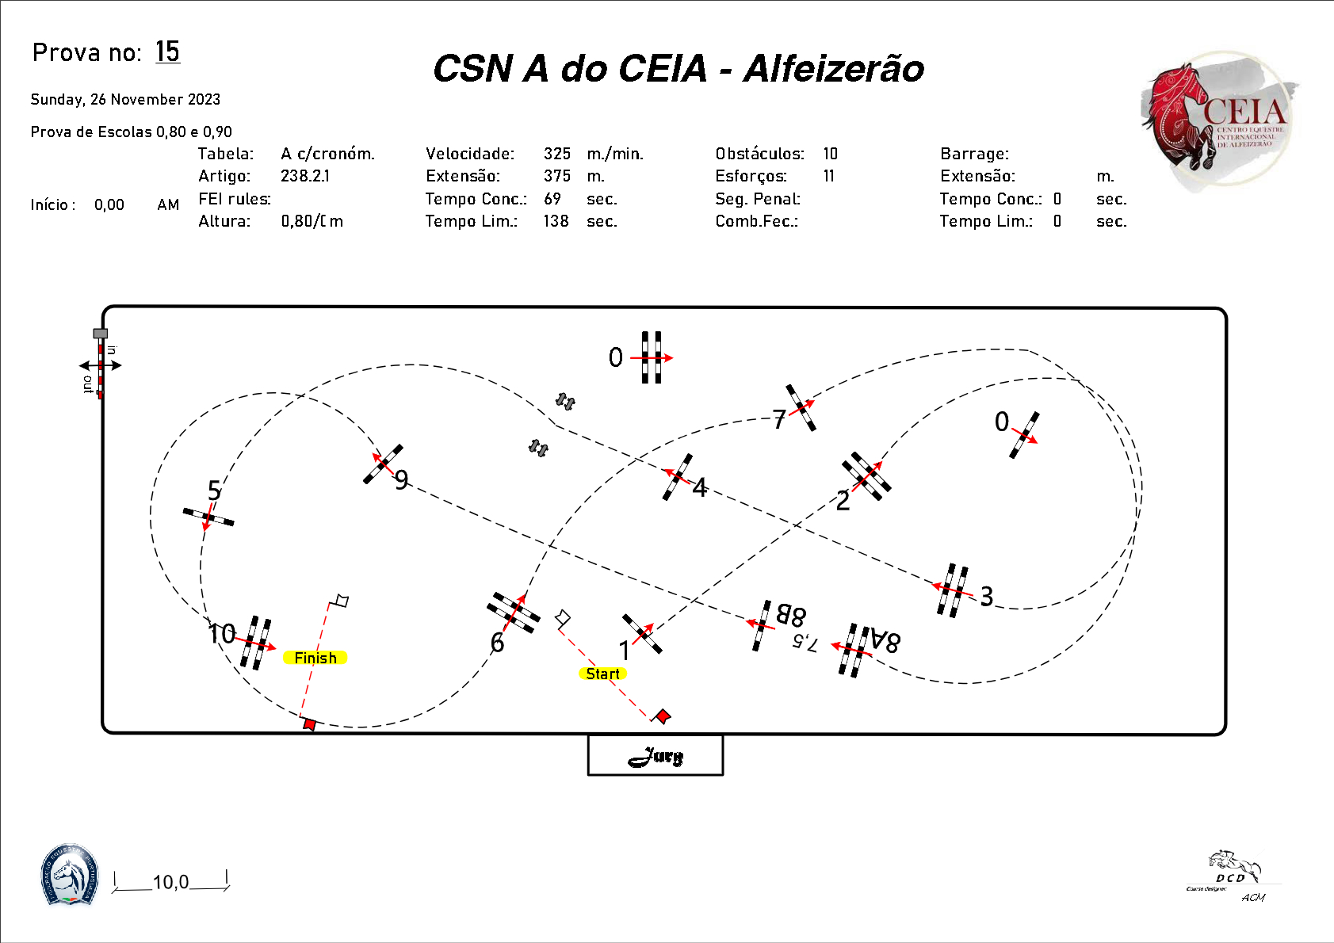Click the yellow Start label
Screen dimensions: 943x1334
(602, 674)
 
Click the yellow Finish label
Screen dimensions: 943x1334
(315, 658)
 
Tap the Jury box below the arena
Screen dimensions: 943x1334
(656, 756)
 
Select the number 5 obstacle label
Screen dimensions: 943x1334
(214, 491)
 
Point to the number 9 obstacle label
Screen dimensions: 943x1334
(402, 480)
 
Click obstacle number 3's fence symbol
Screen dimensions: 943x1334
(952, 590)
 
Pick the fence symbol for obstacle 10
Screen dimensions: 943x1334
(256, 642)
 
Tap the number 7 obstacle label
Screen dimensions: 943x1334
(779, 420)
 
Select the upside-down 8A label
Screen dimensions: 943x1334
(885, 640)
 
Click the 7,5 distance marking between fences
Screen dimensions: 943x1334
(805, 643)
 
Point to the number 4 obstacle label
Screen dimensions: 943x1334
(699, 487)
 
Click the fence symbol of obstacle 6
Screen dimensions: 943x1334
(513, 613)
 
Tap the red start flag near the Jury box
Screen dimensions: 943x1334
(662, 716)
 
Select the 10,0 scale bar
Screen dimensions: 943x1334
(171, 882)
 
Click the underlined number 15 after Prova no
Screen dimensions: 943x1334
(167, 52)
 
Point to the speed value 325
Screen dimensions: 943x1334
(557, 154)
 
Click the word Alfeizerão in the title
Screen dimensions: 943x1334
(834, 69)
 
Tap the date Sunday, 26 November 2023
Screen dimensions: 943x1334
(125, 100)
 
